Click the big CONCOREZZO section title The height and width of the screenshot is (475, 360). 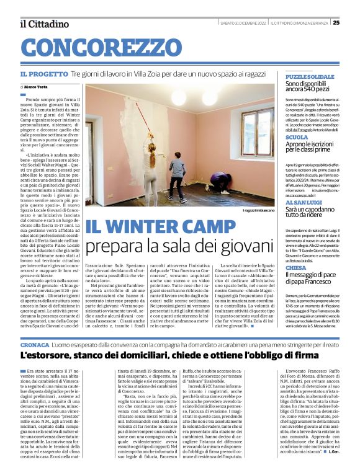94,48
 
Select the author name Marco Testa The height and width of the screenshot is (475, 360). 40,87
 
